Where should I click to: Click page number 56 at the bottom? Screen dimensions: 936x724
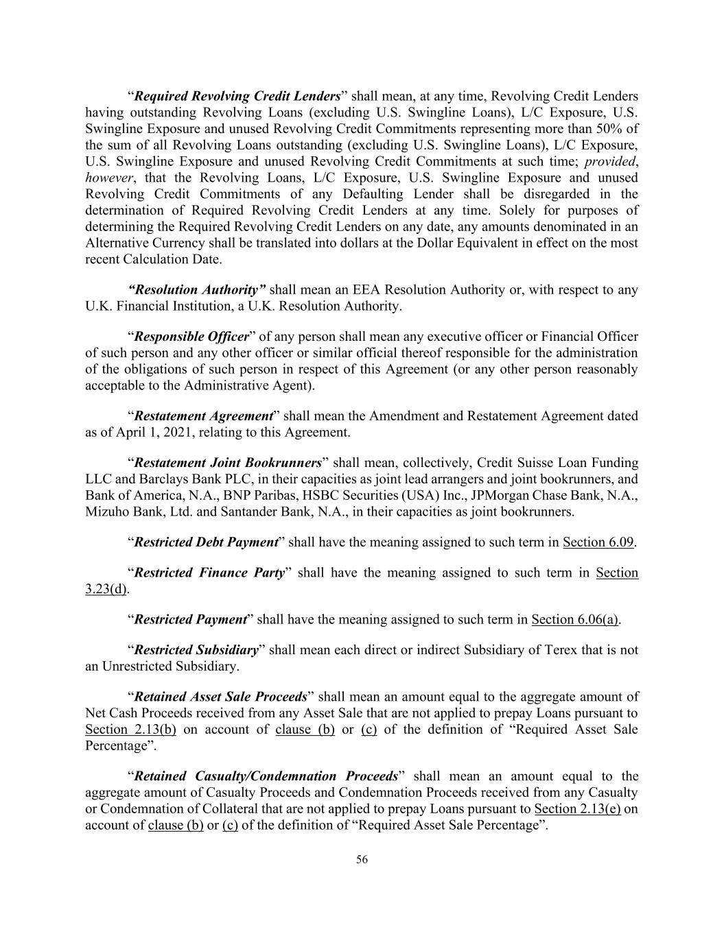(x=362, y=860)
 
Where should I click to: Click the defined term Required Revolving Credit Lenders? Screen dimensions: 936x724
(x=237, y=96)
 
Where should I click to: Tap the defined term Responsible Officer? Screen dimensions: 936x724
(x=191, y=337)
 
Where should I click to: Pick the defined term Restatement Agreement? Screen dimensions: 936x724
(x=204, y=416)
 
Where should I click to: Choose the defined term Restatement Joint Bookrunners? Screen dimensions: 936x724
(x=228, y=463)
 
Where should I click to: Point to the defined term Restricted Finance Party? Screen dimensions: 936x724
(x=209, y=573)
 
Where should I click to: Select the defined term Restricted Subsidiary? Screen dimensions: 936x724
(x=196, y=649)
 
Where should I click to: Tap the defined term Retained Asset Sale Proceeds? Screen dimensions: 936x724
(x=220, y=697)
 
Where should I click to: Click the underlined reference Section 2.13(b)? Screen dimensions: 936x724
(x=130, y=729)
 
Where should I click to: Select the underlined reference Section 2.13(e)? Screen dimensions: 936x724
(x=577, y=808)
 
